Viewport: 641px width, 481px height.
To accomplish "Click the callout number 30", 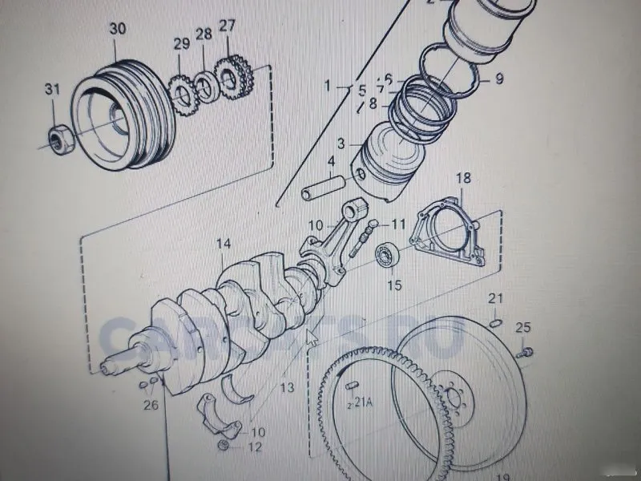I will click(x=118, y=29).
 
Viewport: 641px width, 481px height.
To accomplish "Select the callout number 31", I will click(x=52, y=90).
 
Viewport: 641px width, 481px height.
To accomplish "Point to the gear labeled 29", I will click(x=182, y=93).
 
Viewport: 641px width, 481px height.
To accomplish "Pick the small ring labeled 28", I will click(x=204, y=85).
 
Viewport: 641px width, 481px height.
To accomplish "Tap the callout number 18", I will click(x=464, y=177).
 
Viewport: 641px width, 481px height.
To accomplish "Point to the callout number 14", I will click(x=223, y=243).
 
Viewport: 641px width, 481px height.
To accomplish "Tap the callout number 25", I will click(x=522, y=326).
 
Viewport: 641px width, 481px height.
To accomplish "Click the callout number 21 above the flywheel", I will click(x=496, y=299).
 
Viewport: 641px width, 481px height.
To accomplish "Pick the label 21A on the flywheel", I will click(x=362, y=402).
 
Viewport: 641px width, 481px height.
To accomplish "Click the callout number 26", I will click(x=151, y=405).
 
